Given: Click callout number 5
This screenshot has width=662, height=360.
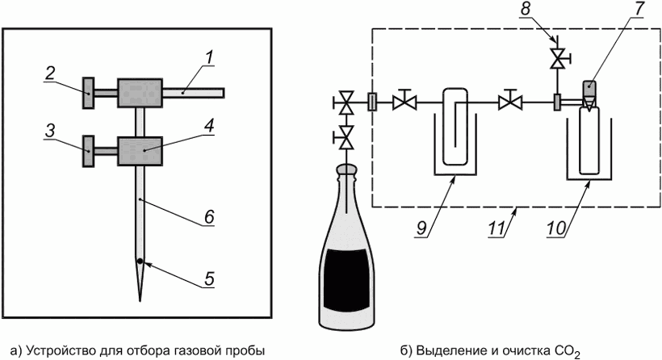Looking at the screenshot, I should (x=208, y=279).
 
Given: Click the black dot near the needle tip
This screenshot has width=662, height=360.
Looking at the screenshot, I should (x=140, y=262).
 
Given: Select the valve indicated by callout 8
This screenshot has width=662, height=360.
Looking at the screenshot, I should (x=556, y=59).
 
